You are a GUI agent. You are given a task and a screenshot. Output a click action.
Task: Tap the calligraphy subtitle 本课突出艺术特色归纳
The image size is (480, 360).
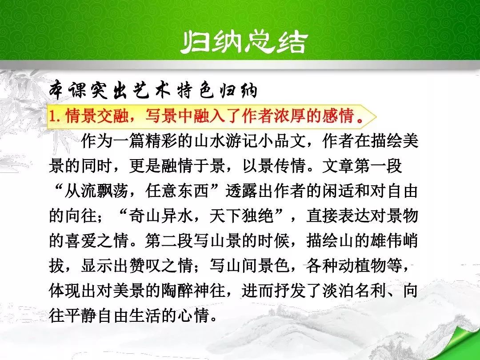click(x=153, y=90)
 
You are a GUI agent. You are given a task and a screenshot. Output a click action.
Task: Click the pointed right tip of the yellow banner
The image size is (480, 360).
click(x=376, y=116)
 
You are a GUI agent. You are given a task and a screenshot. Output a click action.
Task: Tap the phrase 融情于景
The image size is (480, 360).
click(x=186, y=166)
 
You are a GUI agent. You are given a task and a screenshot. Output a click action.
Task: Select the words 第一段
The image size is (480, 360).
click(x=378, y=166)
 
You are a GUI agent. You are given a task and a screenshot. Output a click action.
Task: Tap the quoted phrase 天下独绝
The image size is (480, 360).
click(x=242, y=216)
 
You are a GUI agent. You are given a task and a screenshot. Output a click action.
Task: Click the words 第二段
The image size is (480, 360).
click(x=169, y=240)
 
